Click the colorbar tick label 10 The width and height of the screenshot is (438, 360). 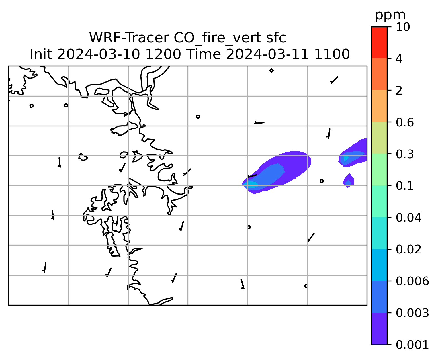(x=403, y=27)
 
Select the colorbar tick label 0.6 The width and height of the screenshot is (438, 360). (x=404, y=122)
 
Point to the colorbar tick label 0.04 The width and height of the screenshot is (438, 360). (x=408, y=218)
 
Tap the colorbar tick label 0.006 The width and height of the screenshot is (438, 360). (x=412, y=281)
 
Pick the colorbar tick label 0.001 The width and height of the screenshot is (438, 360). (x=412, y=345)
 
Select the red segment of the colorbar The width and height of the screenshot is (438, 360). (x=379, y=42)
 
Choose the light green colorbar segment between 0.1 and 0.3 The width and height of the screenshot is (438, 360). (x=379, y=169)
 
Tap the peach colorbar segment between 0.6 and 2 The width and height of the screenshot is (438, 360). (x=379, y=106)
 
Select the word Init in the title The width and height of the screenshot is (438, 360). (x=41, y=54)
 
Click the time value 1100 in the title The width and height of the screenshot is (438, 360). (x=332, y=54)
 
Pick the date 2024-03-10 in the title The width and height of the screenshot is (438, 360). (x=98, y=54)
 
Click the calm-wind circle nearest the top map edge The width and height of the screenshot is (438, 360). (x=271, y=71)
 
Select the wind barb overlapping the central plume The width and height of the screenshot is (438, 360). (x=252, y=176)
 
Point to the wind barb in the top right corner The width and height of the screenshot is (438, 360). (x=334, y=80)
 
